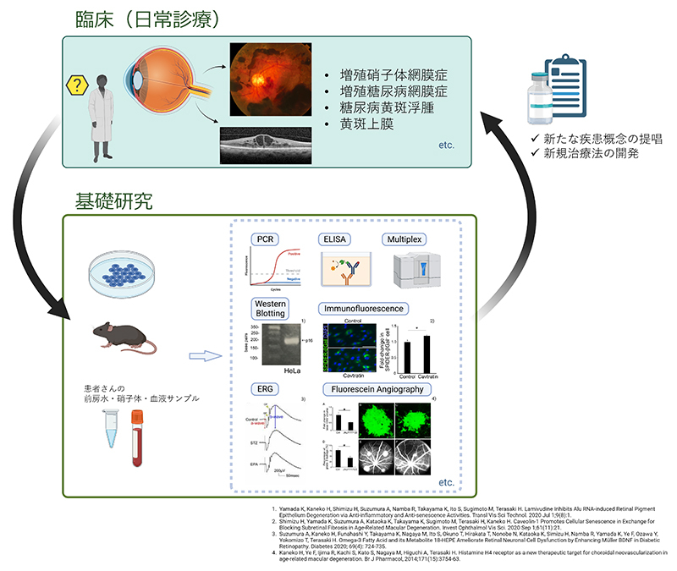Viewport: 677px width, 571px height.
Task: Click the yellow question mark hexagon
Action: point(78,86)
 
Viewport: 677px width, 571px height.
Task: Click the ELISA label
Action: point(335,239)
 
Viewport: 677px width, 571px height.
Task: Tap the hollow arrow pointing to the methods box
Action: point(200,356)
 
